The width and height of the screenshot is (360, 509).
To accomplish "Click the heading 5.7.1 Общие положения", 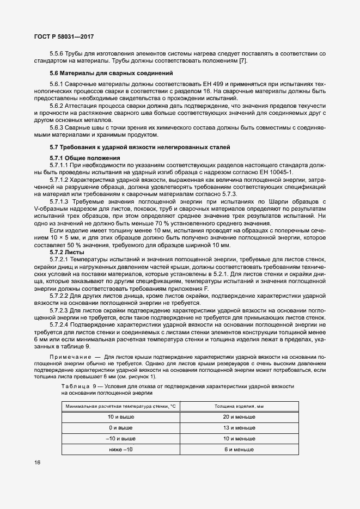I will tap(83, 157).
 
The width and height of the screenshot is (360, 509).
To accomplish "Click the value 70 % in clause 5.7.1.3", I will tap(163, 224).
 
